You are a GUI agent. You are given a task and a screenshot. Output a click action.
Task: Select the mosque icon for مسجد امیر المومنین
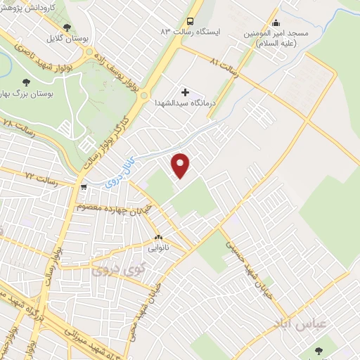tap(275, 22)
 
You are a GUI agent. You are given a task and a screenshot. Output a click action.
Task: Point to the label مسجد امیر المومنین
tap(271, 38)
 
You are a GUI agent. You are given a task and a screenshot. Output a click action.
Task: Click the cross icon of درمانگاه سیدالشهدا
tap(186, 91)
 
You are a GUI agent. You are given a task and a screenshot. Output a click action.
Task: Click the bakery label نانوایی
tap(157, 248)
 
